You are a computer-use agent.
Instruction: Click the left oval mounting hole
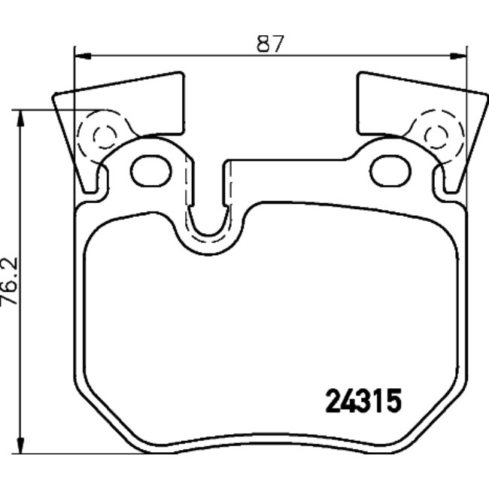pos(151,170)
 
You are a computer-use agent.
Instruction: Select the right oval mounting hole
pos(390,170)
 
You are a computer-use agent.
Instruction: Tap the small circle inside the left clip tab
pos(104,136)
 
